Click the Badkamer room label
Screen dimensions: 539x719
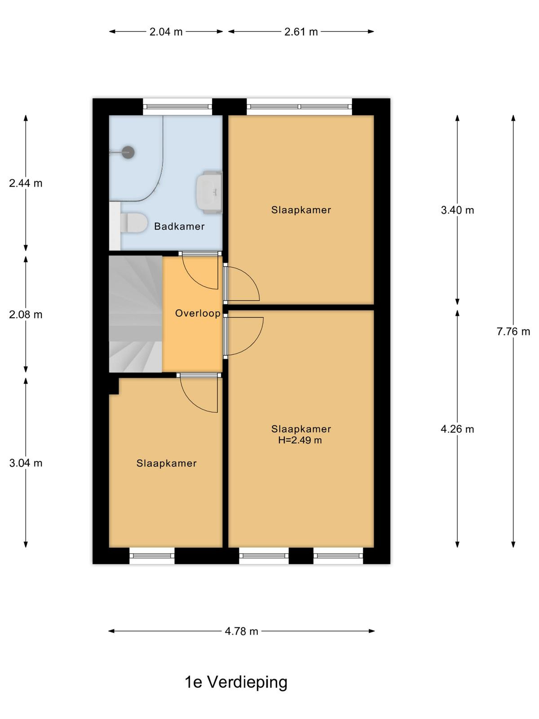(179, 226)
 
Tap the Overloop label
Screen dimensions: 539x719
(198, 314)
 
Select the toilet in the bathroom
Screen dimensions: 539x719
(134, 223)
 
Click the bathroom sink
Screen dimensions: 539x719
(209, 192)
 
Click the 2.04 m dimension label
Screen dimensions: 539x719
(166, 32)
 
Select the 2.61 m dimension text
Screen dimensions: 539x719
(301, 32)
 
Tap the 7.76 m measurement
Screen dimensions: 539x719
(513, 332)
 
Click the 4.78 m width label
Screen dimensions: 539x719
(242, 631)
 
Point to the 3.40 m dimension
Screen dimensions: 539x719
(458, 210)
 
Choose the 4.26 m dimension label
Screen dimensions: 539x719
(458, 429)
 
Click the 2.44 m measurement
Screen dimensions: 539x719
(26, 183)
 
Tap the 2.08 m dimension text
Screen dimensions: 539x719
(26, 315)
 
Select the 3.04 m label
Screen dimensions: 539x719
(26, 463)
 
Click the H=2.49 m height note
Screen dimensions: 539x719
(300, 440)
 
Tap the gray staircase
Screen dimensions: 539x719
(136, 314)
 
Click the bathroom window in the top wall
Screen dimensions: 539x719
(178, 107)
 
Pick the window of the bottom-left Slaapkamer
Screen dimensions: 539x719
(152, 555)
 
